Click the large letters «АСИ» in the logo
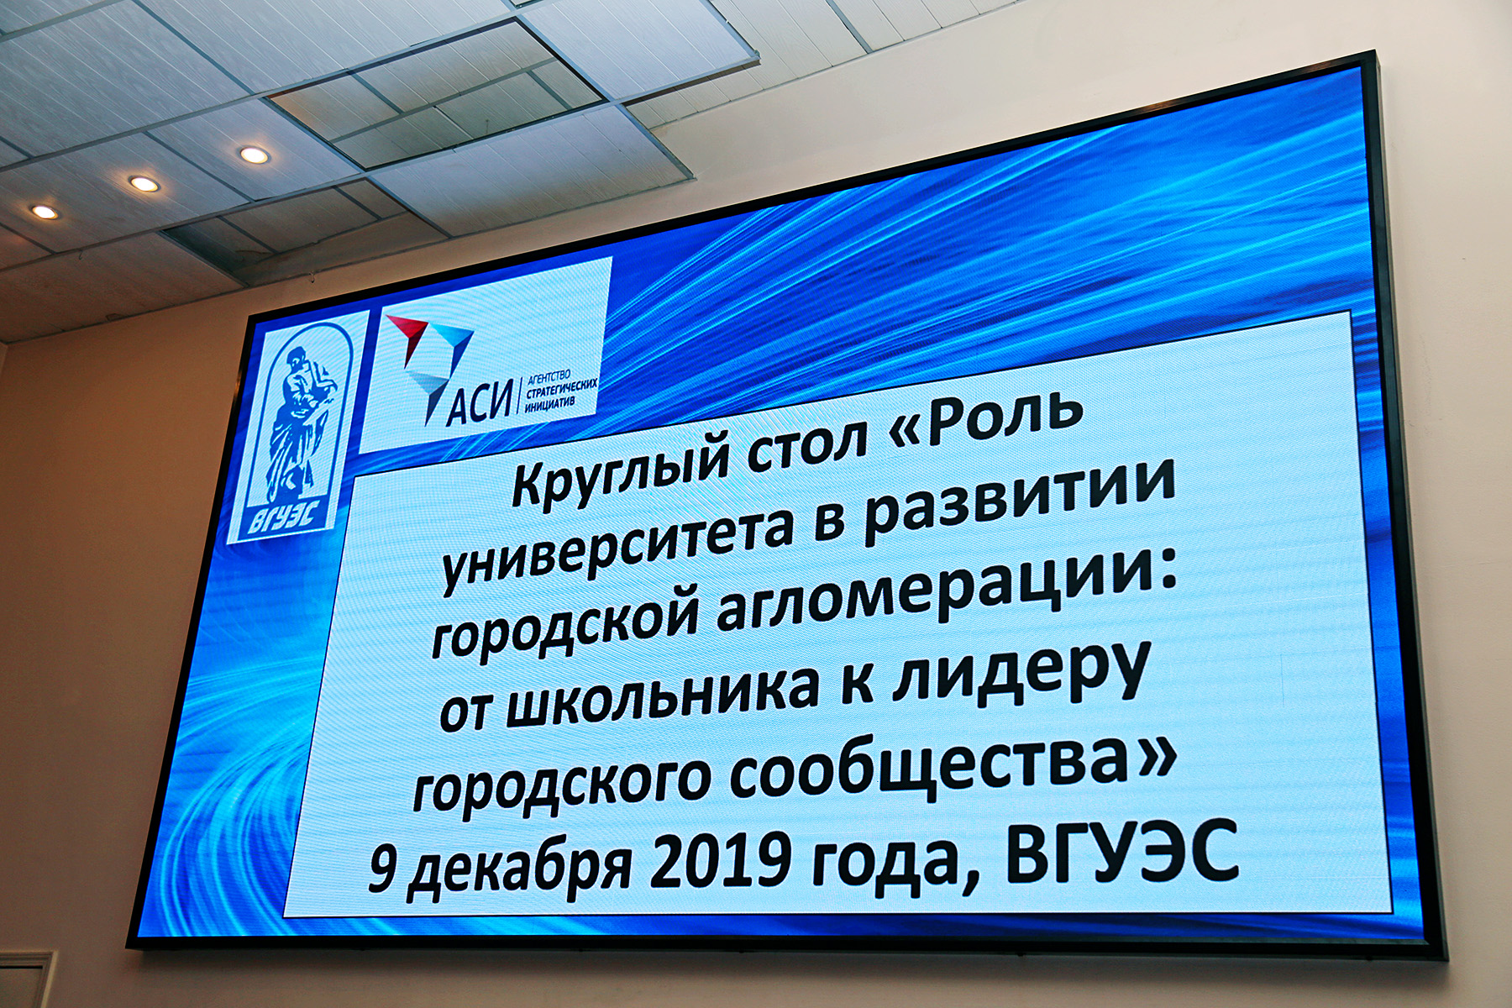tap(479, 402)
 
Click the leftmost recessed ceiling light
tap(44, 212)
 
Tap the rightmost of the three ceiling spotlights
tap(251, 155)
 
